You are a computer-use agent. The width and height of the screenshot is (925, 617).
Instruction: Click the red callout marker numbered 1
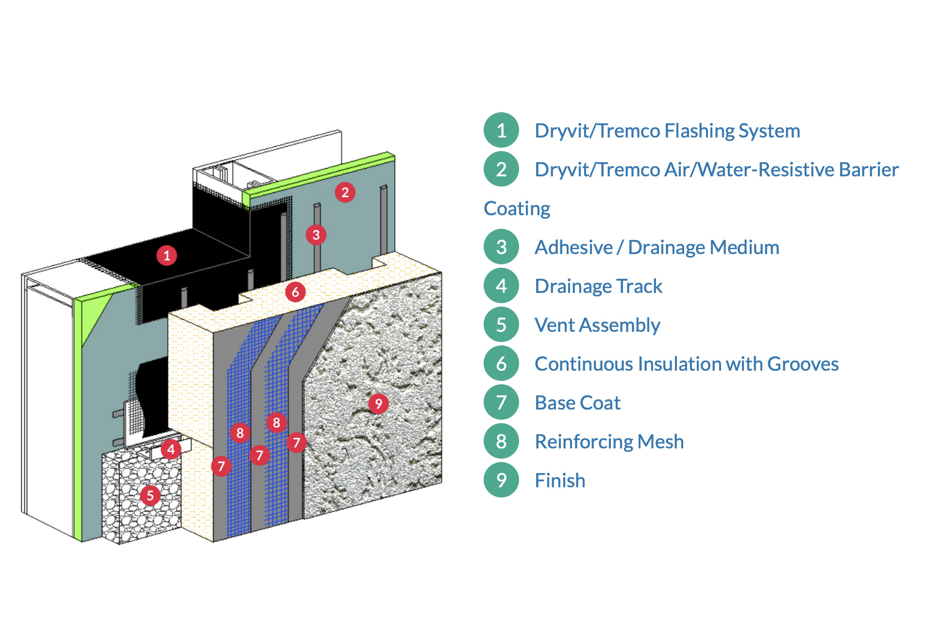pos(167,256)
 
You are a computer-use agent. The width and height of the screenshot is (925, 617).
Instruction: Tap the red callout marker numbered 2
pos(345,192)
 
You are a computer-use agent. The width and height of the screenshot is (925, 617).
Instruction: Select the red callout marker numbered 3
pos(316,235)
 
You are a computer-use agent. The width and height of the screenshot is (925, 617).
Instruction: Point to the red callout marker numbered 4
pos(171,449)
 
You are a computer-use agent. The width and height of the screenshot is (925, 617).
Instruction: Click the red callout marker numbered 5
pos(150,496)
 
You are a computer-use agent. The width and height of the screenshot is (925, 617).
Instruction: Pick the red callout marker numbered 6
pos(295,292)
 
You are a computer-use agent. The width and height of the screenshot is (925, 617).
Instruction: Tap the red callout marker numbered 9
pos(378,404)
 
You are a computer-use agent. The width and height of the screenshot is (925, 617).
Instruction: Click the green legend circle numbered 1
pos(502,130)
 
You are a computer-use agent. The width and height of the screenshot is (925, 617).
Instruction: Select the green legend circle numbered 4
pos(502,286)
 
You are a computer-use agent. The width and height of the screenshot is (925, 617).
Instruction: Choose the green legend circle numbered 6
pos(502,363)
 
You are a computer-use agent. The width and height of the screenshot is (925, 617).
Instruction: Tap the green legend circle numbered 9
pos(502,480)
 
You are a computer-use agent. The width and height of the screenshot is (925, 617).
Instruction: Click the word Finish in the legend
pos(560,480)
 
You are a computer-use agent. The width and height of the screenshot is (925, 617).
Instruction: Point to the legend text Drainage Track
pos(598,286)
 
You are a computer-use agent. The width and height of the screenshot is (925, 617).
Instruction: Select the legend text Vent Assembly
pos(597,325)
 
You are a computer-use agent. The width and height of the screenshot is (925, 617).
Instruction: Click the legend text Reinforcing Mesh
pos(609,442)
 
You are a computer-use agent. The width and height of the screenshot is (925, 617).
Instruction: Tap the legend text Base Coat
pos(577,403)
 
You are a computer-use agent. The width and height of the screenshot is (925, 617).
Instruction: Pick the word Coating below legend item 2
pos(517,208)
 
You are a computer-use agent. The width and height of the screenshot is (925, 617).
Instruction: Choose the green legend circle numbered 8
pos(502,441)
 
